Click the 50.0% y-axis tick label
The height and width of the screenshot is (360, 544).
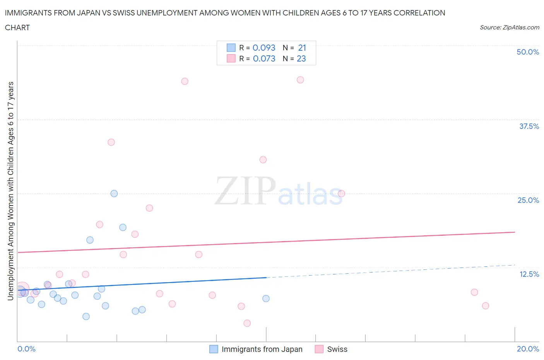click(x=528, y=52)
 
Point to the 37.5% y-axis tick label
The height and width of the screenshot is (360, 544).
click(x=529, y=126)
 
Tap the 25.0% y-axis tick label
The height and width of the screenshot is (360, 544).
click(x=528, y=200)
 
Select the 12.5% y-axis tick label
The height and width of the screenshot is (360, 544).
click(x=529, y=274)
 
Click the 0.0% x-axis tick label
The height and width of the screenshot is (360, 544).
click(x=26, y=349)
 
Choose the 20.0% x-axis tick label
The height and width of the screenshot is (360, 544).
click(x=528, y=349)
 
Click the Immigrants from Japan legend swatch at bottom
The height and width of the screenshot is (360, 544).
click(x=214, y=349)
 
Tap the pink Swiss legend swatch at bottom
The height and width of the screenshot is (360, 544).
click(x=319, y=349)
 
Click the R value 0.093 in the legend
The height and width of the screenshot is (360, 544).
click(x=264, y=48)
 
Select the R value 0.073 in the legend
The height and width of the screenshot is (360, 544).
click(x=264, y=58)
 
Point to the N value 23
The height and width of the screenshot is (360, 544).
click(x=301, y=58)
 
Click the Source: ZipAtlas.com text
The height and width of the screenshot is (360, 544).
click(x=509, y=27)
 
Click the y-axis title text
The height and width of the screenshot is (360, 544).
click(x=10, y=191)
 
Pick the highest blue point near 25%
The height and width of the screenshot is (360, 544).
click(x=114, y=194)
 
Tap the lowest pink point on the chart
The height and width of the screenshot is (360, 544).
click(x=247, y=323)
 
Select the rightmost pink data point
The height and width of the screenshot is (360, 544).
click(x=486, y=306)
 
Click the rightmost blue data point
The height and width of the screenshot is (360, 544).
click(x=266, y=298)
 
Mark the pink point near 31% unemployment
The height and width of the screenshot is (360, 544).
click(x=263, y=159)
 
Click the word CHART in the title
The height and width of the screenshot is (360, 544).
click(x=17, y=27)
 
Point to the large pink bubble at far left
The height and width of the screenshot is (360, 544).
click(x=22, y=289)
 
